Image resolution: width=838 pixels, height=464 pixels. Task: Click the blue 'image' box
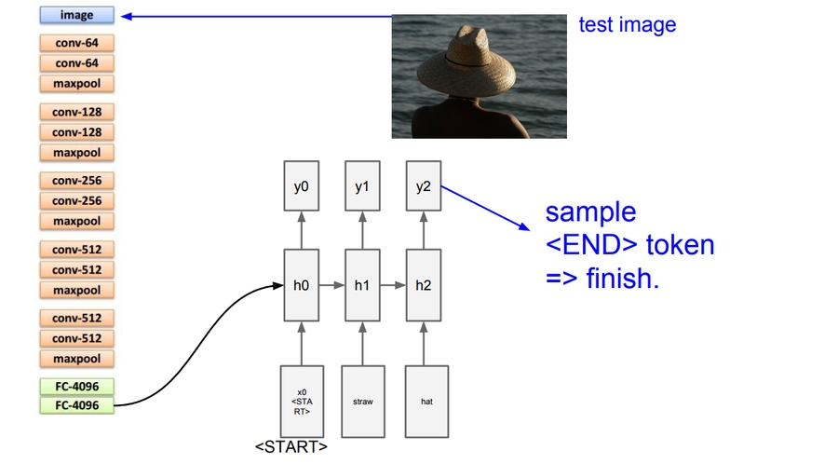pyautogui.click(x=76, y=16)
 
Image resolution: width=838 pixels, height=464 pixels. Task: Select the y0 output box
pyautogui.click(x=301, y=186)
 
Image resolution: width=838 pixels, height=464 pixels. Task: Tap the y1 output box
pyautogui.click(x=362, y=186)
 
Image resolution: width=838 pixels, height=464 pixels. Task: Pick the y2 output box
pyautogui.click(x=424, y=186)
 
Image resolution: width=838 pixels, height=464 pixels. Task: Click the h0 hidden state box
pyautogui.click(x=301, y=284)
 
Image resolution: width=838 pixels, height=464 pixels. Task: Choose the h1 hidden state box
pyautogui.click(x=362, y=284)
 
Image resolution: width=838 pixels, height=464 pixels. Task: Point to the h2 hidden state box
pyautogui.click(x=424, y=284)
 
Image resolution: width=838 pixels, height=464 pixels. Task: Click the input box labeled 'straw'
pyautogui.click(x=362, y=402)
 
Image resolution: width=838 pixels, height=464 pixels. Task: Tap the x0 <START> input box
pyautogui.click(x=301, y=402)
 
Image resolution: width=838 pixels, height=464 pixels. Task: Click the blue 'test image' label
pyautogui.click(x=627, y=25)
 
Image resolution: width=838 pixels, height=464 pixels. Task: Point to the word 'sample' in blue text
pyautogui.click(x=590, y=212)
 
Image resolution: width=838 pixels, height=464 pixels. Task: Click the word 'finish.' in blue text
pyautogui.click(x=623, y=279)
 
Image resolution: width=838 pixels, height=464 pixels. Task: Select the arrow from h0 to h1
pyautogui.click(x=332, y=284)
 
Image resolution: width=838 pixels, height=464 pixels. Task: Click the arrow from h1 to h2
pyautogui.click(x=394, y=284)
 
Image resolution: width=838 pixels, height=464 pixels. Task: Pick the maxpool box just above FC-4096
pyautogui.click(x=76, y=359)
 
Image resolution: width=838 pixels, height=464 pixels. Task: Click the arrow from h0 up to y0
pyautogui.click(x=301, y=230)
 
